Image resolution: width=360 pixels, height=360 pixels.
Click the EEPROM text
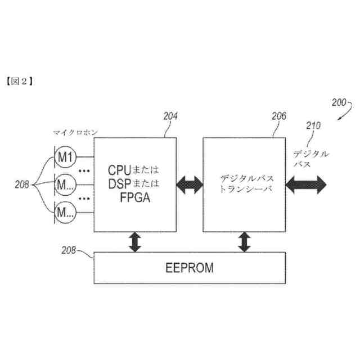click(190, 268)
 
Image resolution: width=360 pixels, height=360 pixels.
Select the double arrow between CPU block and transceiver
click(190, 184)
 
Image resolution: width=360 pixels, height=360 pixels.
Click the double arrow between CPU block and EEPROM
click(134, 241)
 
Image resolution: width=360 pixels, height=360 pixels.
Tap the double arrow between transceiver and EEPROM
click(244, 241)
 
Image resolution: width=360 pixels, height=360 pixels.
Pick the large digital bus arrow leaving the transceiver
click(307, 183)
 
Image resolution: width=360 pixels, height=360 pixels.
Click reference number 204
click(170, 117)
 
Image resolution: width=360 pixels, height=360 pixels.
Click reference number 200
click(339, 102)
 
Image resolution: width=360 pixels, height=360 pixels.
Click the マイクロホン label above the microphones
click(76, 132)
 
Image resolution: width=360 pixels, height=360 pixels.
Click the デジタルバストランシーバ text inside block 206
click(244, 184)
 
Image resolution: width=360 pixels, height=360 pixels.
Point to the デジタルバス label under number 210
click(310, 157)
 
